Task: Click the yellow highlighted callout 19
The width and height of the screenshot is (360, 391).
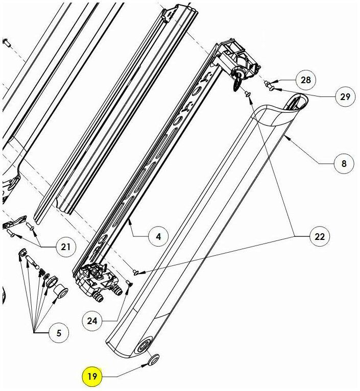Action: coord(92,376)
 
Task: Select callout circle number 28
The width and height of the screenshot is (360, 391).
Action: coord(306,80)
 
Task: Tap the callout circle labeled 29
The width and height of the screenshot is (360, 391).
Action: coord(345,97)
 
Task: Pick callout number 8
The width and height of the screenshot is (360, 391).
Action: coord(344,163)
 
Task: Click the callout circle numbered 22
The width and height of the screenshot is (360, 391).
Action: coord(320,236)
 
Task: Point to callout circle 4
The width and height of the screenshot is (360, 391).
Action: coord(158,236)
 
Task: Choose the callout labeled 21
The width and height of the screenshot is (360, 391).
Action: coord(65,247)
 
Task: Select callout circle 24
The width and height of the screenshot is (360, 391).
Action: coord(92,321)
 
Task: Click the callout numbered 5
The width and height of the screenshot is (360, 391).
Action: coord(59,333)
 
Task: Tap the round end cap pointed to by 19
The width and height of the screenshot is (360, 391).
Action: coord(153,360)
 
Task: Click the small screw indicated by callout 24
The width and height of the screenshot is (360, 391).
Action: coord(130,283)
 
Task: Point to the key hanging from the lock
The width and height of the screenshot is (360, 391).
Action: coord(236,84)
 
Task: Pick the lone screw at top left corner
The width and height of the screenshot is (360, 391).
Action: coord(7,43)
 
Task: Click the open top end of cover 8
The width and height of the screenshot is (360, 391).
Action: coord(297,103)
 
